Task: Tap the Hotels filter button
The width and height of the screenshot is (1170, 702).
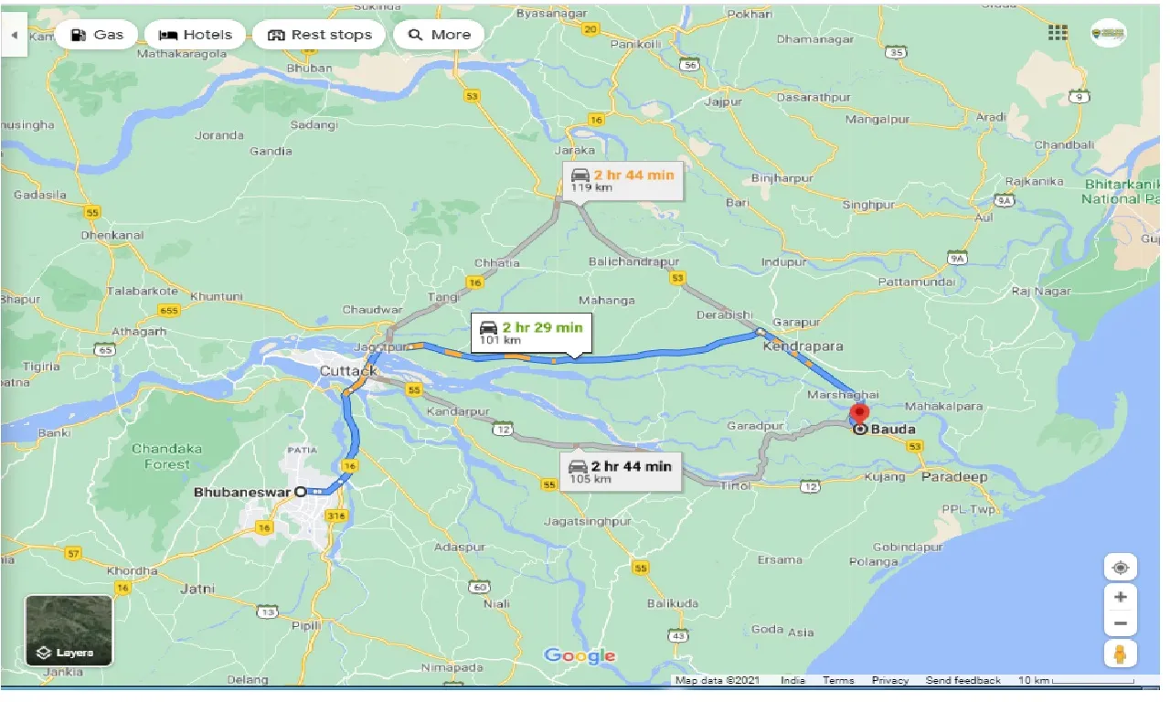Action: [195, 35]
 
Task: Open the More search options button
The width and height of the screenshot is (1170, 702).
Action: [439, 35]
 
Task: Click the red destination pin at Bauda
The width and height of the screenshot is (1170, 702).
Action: [859, 413]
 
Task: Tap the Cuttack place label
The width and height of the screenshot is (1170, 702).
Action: [348, 371]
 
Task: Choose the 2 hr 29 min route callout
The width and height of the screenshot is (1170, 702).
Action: [531, 332]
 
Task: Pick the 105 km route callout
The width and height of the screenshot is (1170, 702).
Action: [620, 472]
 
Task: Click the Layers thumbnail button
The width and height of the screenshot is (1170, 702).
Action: [69, 630]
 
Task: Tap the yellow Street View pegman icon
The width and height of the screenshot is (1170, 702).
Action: [1121, 654]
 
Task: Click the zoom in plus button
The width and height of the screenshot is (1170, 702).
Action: [1121, 597]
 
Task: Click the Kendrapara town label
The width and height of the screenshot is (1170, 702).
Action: [803, 346]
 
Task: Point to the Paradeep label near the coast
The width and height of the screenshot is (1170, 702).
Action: [954, 477]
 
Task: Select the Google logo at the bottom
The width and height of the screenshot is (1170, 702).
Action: [580, 656]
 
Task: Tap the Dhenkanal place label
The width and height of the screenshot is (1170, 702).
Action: [112, 235]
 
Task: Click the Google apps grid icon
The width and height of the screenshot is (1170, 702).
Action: [1058, 33]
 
